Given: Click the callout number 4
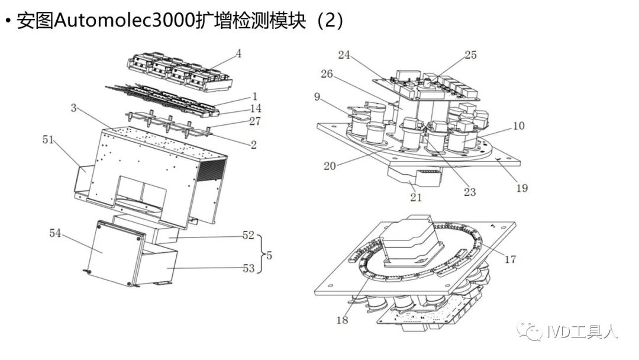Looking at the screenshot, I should point(238,53).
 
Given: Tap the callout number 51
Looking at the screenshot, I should point(49,140).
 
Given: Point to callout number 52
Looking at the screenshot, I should point(248,235).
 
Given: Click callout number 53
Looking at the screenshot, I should point(248,269).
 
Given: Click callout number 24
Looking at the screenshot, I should point(345,55).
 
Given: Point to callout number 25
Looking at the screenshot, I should point(470,55).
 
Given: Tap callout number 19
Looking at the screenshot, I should point(521,188).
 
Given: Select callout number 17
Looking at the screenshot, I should point(509,258).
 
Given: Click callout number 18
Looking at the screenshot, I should point(342,320).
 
